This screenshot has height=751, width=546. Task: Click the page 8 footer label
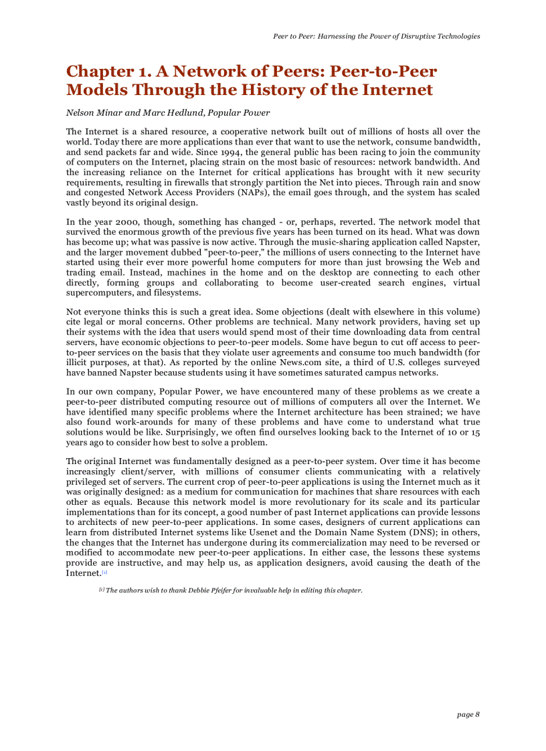pyautogui.click(x=468, y=714)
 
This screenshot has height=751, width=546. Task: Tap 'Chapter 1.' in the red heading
pyautogui.click(x=110, y=72)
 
